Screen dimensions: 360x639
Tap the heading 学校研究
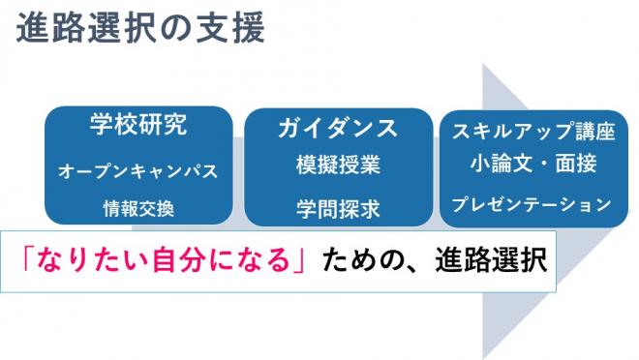pyautogui.click(x=138, y=126)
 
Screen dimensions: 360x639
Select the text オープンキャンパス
pyautogui.click(x=138, y=170)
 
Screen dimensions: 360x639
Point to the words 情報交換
pyautogui.click(x=138, y=207)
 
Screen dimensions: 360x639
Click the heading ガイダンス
pyautogui.click(x=338, y=128)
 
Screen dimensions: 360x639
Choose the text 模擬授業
pyautogui.click(x=338, y=165)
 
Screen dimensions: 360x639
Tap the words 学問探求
pyautogui.click(x=338, y=207)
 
